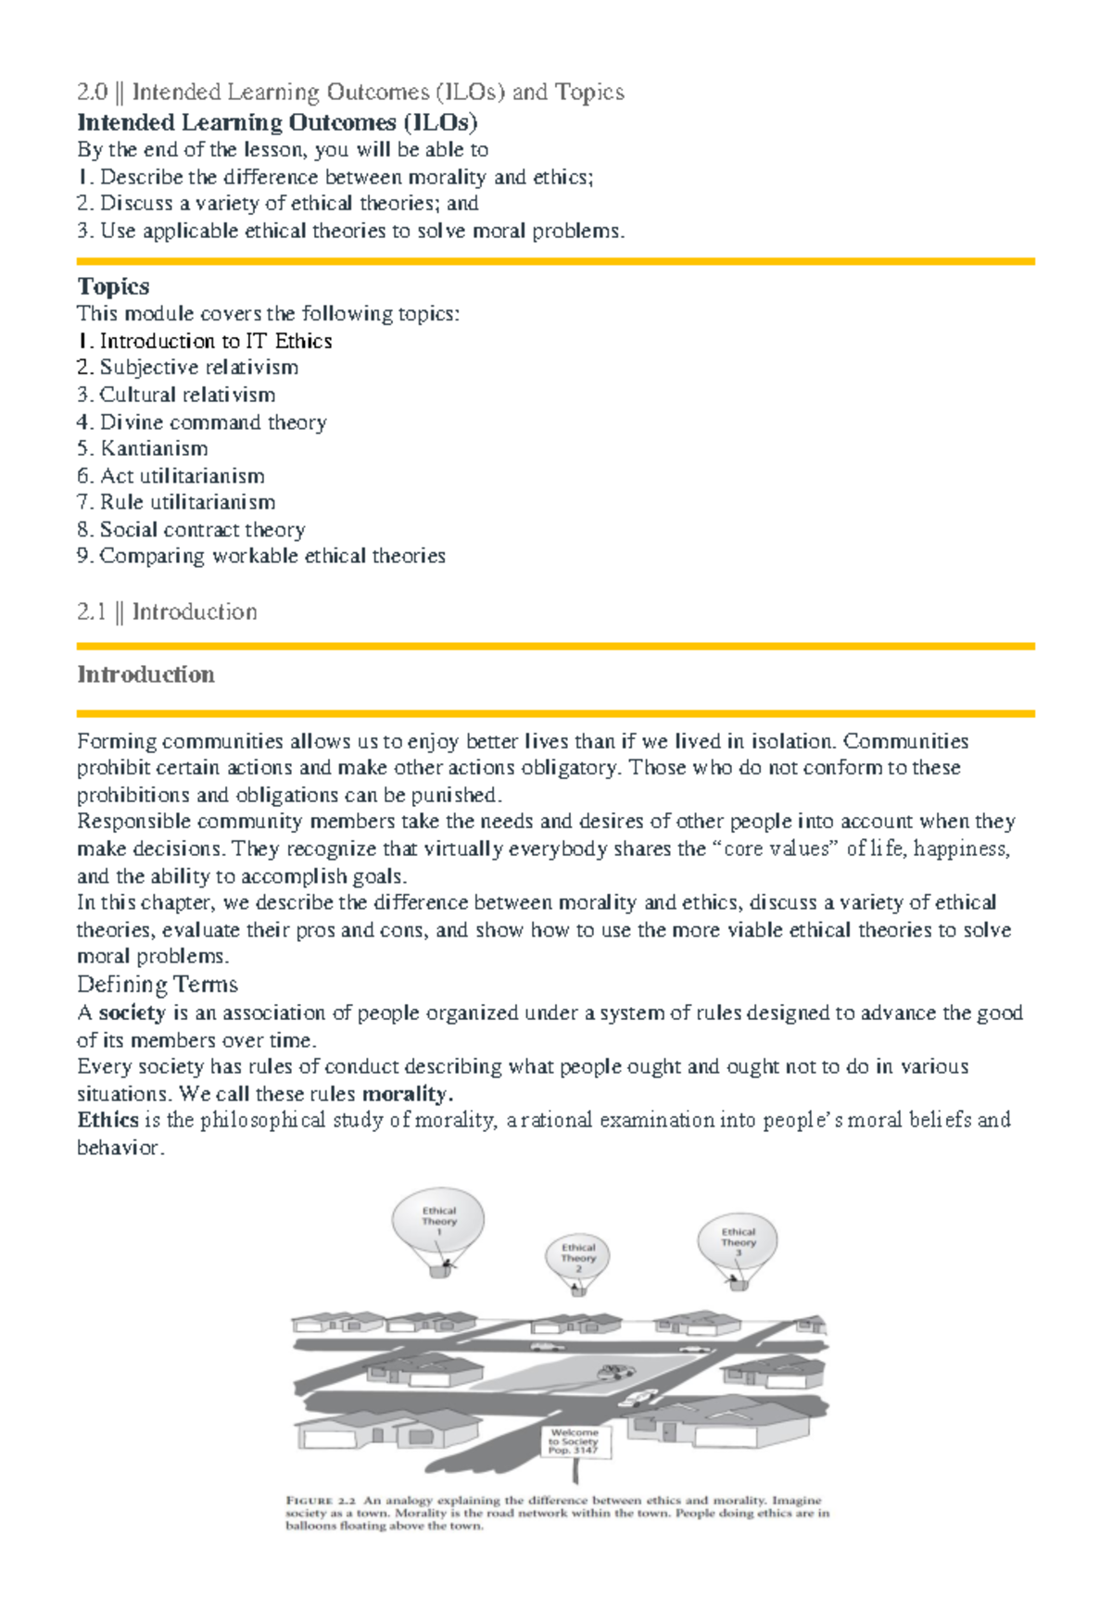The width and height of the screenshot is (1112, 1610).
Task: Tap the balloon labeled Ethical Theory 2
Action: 578,1256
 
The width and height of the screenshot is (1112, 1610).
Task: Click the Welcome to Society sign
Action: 575,1442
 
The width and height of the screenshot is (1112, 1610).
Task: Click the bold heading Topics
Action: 113,286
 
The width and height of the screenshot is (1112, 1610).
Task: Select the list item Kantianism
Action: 153,448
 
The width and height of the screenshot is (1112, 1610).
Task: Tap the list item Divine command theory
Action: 212,422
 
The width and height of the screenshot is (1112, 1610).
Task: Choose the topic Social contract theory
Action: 202,530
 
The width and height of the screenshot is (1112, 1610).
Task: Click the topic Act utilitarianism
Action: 182,476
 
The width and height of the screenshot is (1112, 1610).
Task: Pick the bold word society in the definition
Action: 132,1013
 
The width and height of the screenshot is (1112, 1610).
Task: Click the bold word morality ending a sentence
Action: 406,1093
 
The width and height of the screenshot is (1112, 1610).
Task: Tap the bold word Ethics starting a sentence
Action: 107,1120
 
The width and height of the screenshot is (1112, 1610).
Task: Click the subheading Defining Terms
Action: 158,984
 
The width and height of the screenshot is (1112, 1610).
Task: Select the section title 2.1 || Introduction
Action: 167,611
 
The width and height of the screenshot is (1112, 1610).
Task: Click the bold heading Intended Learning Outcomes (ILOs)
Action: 277,122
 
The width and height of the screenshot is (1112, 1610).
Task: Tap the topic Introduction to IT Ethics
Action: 215,341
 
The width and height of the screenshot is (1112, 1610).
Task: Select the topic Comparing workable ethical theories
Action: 272,556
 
